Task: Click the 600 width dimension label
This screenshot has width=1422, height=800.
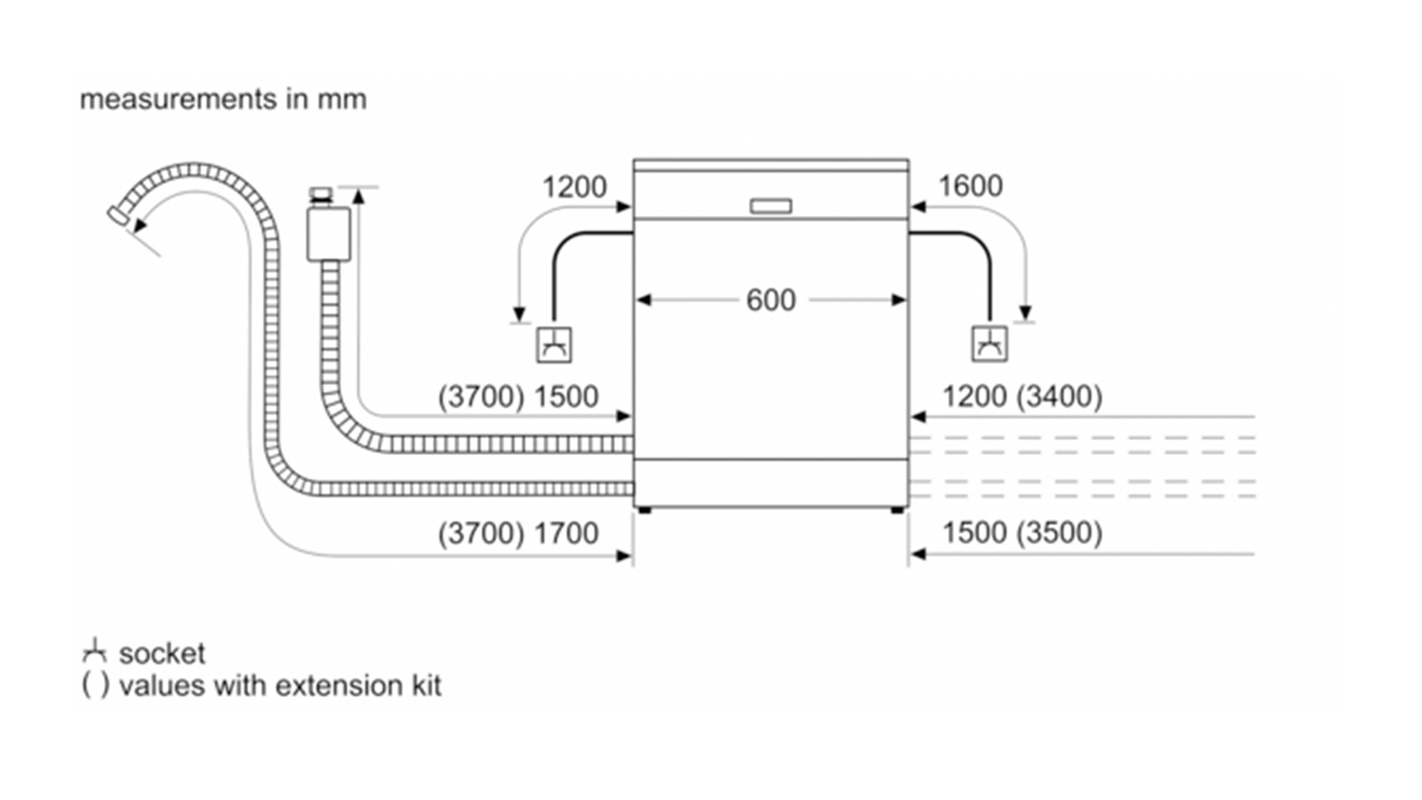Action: [x=771, y=300]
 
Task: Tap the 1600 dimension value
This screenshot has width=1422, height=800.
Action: [x=970, y=186]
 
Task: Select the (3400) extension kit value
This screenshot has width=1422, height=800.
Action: [x=1059, y=397]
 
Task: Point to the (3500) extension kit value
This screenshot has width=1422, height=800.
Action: [x=1059, y=533]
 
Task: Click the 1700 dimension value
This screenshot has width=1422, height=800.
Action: [x=566, y=534]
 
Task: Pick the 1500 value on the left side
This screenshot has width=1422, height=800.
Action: [x=566, y=397]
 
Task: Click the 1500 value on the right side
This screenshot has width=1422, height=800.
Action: [x=975, y=533]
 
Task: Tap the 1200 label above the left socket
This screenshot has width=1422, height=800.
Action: [x=574, y=188]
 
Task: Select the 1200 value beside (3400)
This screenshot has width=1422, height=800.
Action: [x=975, y=397]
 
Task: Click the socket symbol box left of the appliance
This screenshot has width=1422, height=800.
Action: [x=554, y=345]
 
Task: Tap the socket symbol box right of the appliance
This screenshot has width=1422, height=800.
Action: [x=989, y=344]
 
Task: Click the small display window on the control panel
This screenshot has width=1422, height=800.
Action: [x=771, y=207]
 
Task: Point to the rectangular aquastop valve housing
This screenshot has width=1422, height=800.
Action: [x=328, y=234]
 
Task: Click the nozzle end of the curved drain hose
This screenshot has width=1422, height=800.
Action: [x=118, y=214]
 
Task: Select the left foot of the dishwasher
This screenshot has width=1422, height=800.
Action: [x=645, y=510]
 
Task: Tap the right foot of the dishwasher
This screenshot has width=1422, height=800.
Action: [x=899, y=510]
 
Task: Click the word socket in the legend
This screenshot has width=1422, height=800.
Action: [x=162, y=654]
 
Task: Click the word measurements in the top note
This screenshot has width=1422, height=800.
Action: [x=178, y=100]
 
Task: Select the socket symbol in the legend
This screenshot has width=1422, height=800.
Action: [x=95, y=651]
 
